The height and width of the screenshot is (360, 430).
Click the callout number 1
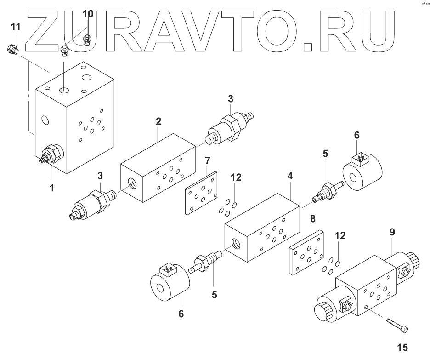tap(52, 188)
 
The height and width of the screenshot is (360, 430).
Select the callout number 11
tap(16, 26)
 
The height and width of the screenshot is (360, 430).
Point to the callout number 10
tap(88, 14)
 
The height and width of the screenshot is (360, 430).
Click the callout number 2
tap(158, 121)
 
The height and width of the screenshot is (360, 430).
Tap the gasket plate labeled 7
tap(201, 194)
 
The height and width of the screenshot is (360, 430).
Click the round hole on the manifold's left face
tap(45, 120)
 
